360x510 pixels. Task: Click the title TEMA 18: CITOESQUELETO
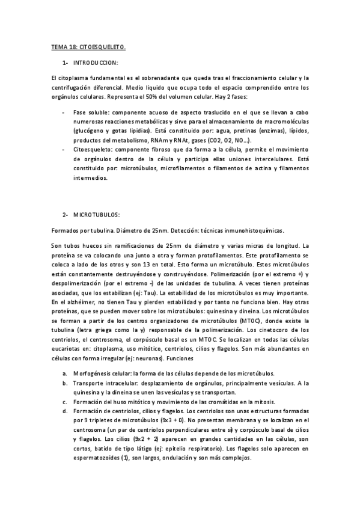(89, 46)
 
